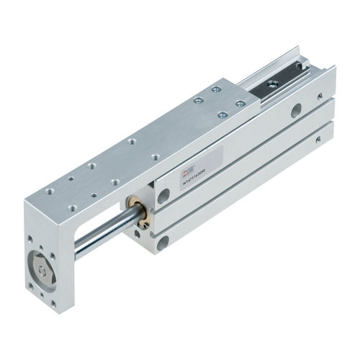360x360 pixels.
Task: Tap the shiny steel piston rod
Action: coord(101,237)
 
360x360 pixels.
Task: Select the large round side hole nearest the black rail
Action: coord(296,111)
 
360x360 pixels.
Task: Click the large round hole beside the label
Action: coord(164,196)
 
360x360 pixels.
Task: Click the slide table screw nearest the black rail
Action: coord(240,104)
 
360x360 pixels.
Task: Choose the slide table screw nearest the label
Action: coord(222,114)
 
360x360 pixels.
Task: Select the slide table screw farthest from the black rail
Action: coord(196,101)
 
